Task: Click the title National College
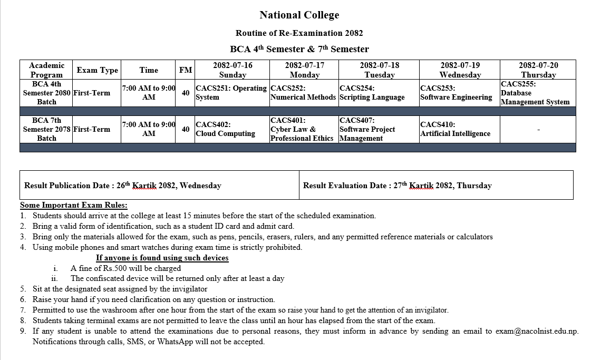coord(299,15)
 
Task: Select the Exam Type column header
coord(97,70)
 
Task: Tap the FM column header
coord(186,70)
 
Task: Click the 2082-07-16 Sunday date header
coord(232,70)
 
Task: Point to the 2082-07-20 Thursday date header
coord(538,70)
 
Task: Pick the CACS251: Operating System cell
coord(231,93)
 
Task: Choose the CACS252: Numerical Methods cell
coord(303,93)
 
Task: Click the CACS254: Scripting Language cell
coord(372,93)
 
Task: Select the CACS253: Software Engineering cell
coord(456,93)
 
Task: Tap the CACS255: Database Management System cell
coord(535,93)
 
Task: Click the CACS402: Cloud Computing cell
coord(225,129)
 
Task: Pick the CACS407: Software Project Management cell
coord(367,129)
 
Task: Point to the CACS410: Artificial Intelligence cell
coord(455,129)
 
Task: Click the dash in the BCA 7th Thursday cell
coord(538,129)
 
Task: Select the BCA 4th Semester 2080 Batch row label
coord(46,93)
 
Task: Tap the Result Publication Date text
coord(123,186)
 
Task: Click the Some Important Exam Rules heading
coord(74,205)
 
